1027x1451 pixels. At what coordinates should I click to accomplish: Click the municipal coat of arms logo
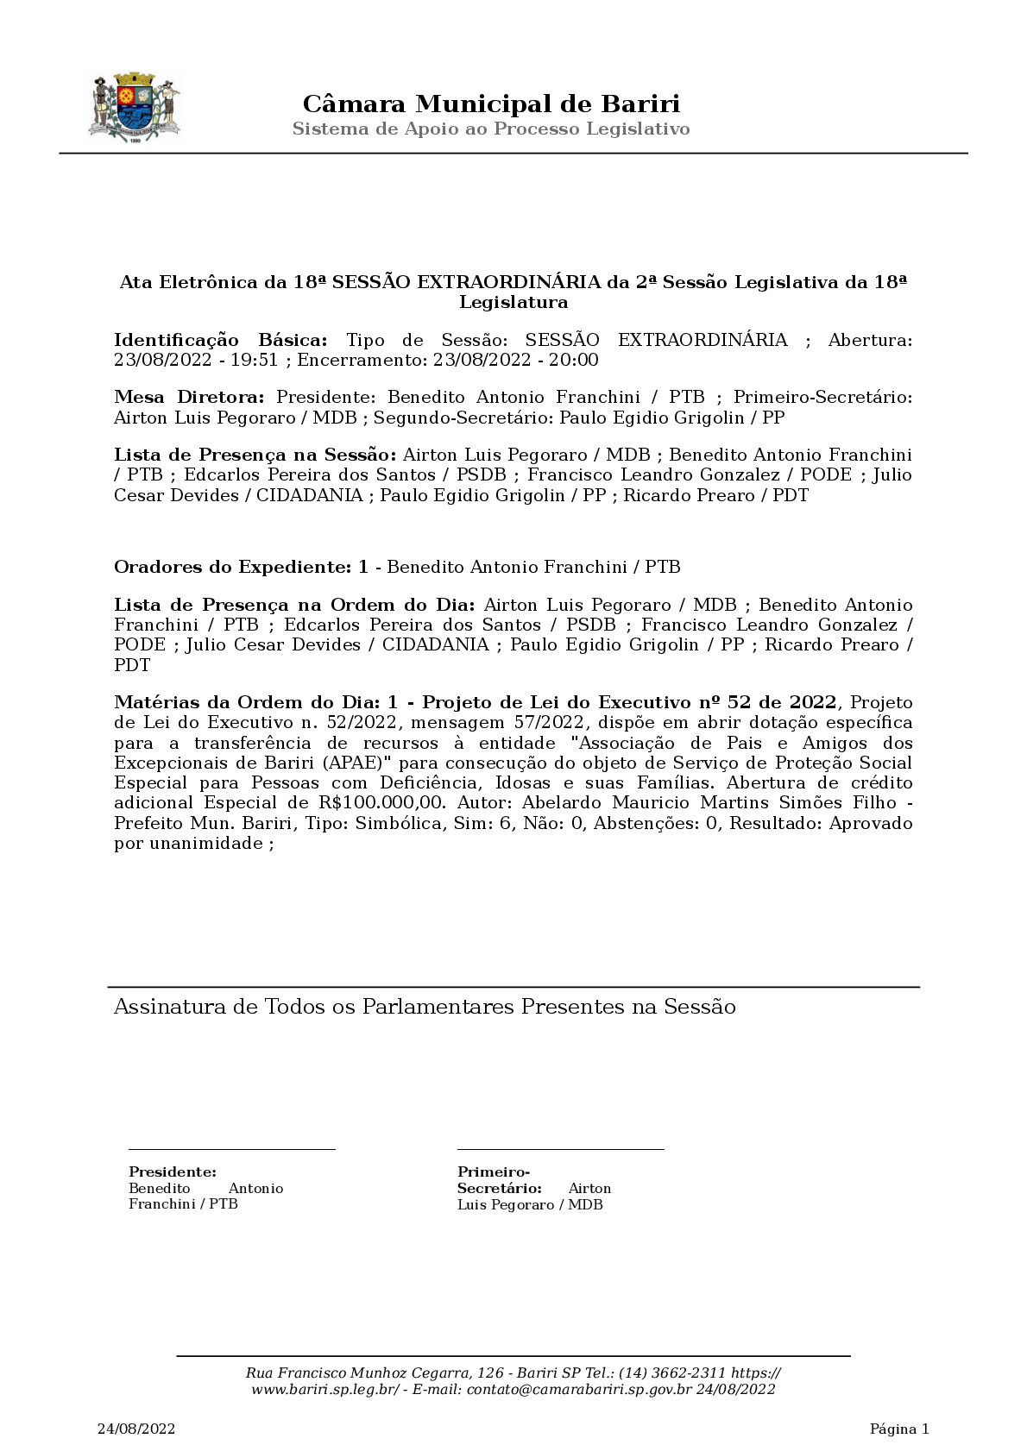pyautogui.click(x=134, y=109)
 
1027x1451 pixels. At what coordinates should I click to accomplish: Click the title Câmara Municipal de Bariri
pyautogui.click(x=491, y=104)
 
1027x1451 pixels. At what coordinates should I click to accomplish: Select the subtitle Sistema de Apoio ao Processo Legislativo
pyautogui.click(x=491, y=129)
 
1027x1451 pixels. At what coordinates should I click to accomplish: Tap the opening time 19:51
pyautogui.click(x=260, y=361)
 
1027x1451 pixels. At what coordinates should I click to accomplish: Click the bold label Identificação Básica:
pyautogui.click(x=221, y=340)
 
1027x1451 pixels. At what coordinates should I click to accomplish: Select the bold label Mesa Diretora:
pyautogui.click(x=189, y=398)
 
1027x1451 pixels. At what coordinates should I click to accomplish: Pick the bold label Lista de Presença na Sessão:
pyautogui.click(x=255, y=455)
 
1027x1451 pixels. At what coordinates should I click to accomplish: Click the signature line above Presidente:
pyautogui.click(x=231, y=1149)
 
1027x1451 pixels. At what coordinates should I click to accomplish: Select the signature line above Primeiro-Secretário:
pyautogui.click(x=560, y=1149)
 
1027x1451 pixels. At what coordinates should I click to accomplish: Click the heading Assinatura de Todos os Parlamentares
pyautogui.click(x=425, y=1008)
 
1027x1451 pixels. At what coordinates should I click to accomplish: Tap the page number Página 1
pyautogui.click(x=898, y=1429)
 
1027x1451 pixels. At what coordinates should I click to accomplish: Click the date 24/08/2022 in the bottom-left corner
pyautogui.click(x=136, y=1429)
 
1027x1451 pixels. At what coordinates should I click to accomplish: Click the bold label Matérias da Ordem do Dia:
pyautogui.click(x=249, y=703)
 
